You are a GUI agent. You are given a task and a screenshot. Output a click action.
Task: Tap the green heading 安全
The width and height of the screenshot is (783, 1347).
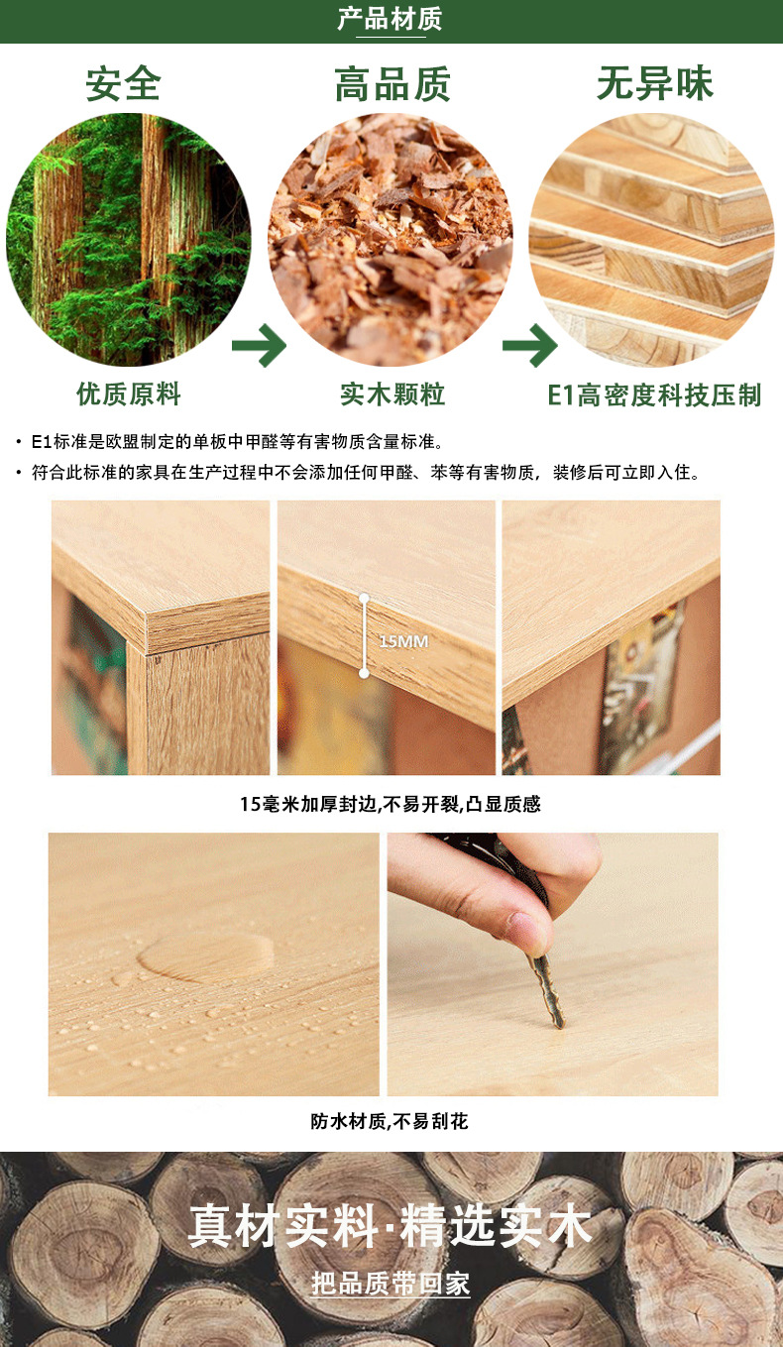(123, 84)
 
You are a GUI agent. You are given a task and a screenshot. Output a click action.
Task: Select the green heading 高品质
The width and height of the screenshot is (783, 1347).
(392, 85)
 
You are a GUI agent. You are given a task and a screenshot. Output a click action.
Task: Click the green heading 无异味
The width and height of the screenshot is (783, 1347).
(654, 84)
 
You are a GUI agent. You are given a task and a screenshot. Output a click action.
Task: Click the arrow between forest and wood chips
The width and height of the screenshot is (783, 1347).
(259, 346)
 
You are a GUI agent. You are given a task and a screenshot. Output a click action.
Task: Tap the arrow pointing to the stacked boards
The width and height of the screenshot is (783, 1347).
(529, 346)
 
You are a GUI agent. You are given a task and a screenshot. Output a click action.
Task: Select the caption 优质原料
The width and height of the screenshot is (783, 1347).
(129, 394)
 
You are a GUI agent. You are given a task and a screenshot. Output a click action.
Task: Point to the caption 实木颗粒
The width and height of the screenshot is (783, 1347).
(392, 394)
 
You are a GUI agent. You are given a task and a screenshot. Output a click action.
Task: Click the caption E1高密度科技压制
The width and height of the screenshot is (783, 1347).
(654, 395)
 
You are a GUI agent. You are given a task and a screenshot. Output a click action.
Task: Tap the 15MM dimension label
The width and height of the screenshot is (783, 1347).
(403, 641)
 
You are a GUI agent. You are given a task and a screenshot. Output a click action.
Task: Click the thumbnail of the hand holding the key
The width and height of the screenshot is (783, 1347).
(552, 963)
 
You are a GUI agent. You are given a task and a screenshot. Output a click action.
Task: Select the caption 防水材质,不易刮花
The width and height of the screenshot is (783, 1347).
(389, 1122)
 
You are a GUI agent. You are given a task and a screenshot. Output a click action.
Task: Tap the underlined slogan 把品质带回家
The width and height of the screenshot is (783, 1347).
(391, 1285)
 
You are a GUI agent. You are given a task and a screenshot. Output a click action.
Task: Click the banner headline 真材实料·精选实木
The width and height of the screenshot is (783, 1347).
(391, 1226)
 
